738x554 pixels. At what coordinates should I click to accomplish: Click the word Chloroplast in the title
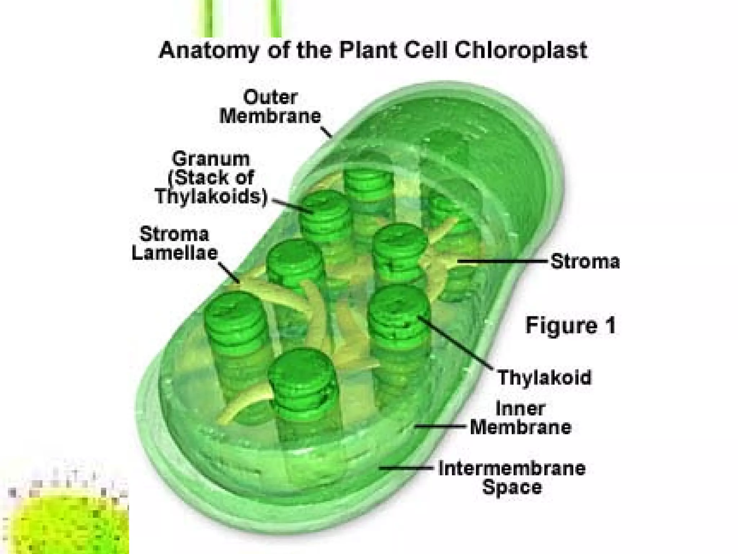click(x=520, y=50)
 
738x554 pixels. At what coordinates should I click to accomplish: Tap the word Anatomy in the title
click(x=209, y=50)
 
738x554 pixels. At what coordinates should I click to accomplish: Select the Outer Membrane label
click(x=270, y=107)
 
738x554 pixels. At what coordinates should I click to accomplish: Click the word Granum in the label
click(x=211, y=159)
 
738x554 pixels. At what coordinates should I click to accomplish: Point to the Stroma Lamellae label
click(x=175, y=243)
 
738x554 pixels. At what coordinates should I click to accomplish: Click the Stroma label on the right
click(x=585, y=261)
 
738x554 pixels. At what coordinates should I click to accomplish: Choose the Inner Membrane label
click(x=521, y=418)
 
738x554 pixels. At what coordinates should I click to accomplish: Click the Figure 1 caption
click(x=570, y=325)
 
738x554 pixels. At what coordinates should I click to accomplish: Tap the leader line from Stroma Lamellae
click(x=229, y=272)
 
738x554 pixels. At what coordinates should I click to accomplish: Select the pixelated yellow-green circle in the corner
click(x=67, y=519)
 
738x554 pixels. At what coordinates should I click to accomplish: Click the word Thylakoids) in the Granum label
click(x=211, y=197)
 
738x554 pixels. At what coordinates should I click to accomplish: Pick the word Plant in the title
click(x=368, y=50)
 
